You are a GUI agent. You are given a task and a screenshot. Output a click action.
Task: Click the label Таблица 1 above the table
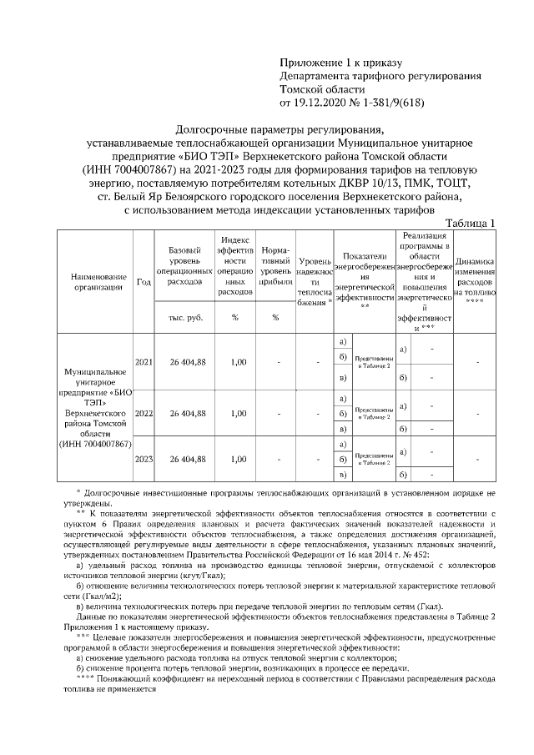[x=471, y=223]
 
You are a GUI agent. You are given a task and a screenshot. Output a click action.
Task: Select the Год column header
[x=143, y=282]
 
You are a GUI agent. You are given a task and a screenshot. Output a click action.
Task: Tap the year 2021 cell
[x=143, y=361]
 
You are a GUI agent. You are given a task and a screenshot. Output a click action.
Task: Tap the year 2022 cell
[x=143, y=412]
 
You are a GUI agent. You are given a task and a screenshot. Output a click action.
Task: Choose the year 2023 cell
[x=143, y=459]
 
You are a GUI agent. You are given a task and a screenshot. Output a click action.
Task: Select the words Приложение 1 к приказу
[x=340, y=63]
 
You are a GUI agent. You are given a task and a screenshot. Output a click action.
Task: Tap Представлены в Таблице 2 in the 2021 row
[x=375, y=362]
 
